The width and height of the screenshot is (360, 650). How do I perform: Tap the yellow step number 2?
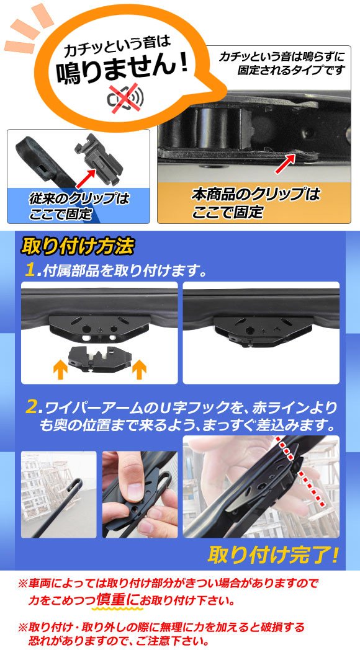click(33, 408)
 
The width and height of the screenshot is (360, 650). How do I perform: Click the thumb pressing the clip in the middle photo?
click(132, 490)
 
